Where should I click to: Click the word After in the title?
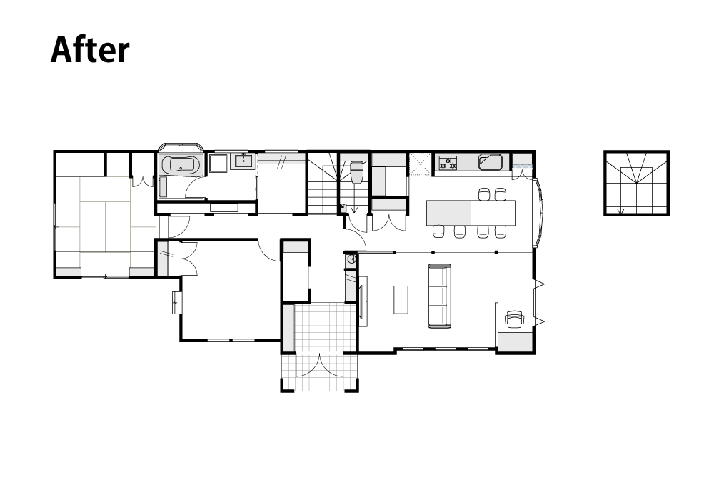click(x=90, y=49)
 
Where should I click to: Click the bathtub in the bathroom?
click(x=181, y=164)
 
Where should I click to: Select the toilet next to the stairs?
click(x=356, y=171)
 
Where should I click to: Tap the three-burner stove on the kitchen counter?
click(x=447, y=163)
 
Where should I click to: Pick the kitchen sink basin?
click(x=491, y=162)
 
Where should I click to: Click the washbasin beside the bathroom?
click(x=244, y=161)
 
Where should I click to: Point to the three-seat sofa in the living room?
click(x=439, y=296)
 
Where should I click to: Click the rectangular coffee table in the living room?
click(x=401, y=299)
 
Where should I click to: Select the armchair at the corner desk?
click(x=515, y=319)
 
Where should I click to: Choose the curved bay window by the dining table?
click(x=538, y=211)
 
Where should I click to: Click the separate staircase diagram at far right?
click(x=636, y=183)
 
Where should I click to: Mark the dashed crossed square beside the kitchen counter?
click(x=420, y=164)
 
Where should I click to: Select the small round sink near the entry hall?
click(x=351, y=259)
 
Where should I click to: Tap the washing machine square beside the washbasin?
click(x=218, y=164)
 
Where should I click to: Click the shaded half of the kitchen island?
click(x=448, y=213)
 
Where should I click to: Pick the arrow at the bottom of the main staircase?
click(x=354, y=209)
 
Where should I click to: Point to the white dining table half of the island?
click(x=493, y=213)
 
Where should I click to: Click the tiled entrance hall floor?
click(x=325, y=327)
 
